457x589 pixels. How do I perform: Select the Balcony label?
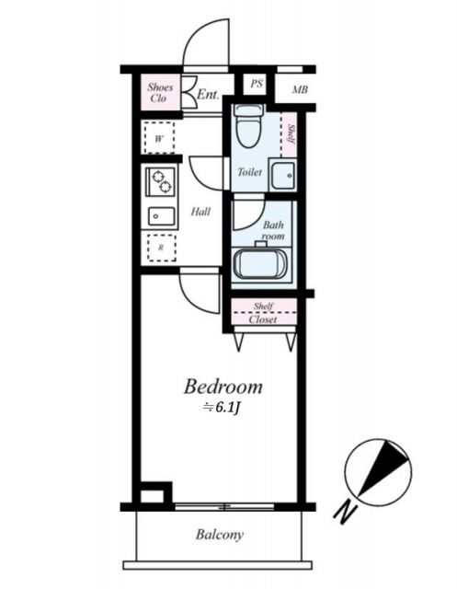pos(219,535)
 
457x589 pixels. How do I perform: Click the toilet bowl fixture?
pos(247,127)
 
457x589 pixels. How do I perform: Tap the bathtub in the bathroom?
pos(261,264)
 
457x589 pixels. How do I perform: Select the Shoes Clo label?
pos(160,93)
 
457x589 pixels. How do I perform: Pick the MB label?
pos(300,89)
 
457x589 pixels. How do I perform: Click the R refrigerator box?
pos(161,248)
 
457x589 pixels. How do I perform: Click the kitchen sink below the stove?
pos(162,218)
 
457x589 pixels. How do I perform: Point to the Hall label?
pos(200,212)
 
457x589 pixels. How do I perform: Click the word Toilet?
pos(249,172)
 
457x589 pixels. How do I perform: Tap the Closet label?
pos(264,319)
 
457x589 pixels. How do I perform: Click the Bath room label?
pos(273,230)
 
